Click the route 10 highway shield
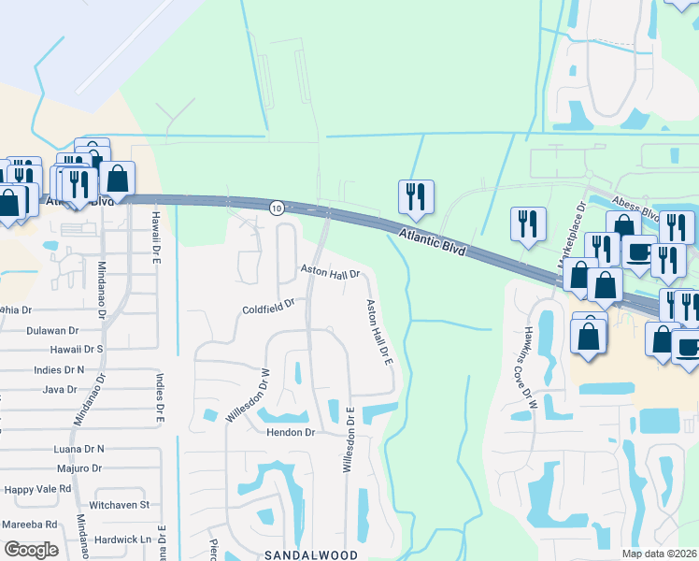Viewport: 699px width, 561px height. pyautogui.click(x=277, y=208)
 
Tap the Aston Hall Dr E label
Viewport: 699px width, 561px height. pyautogui.click(x=378, y=332)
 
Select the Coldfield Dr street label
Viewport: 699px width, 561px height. pyautogui.click(x=268, y=306)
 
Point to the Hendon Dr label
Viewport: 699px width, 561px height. pyautogui.click(x=292, y=433)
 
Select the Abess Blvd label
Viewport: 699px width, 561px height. pyautogui.click(x=636, y=207)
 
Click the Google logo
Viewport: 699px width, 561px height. pyautogui.click(x=31, y=550)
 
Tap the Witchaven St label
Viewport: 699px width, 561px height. pyautogui.click(x=120, y=505)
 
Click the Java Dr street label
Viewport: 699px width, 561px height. pyautogui.click(x=59, y=389)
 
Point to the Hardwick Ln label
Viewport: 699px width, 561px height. pyautogui.click(x=121, y=539)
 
